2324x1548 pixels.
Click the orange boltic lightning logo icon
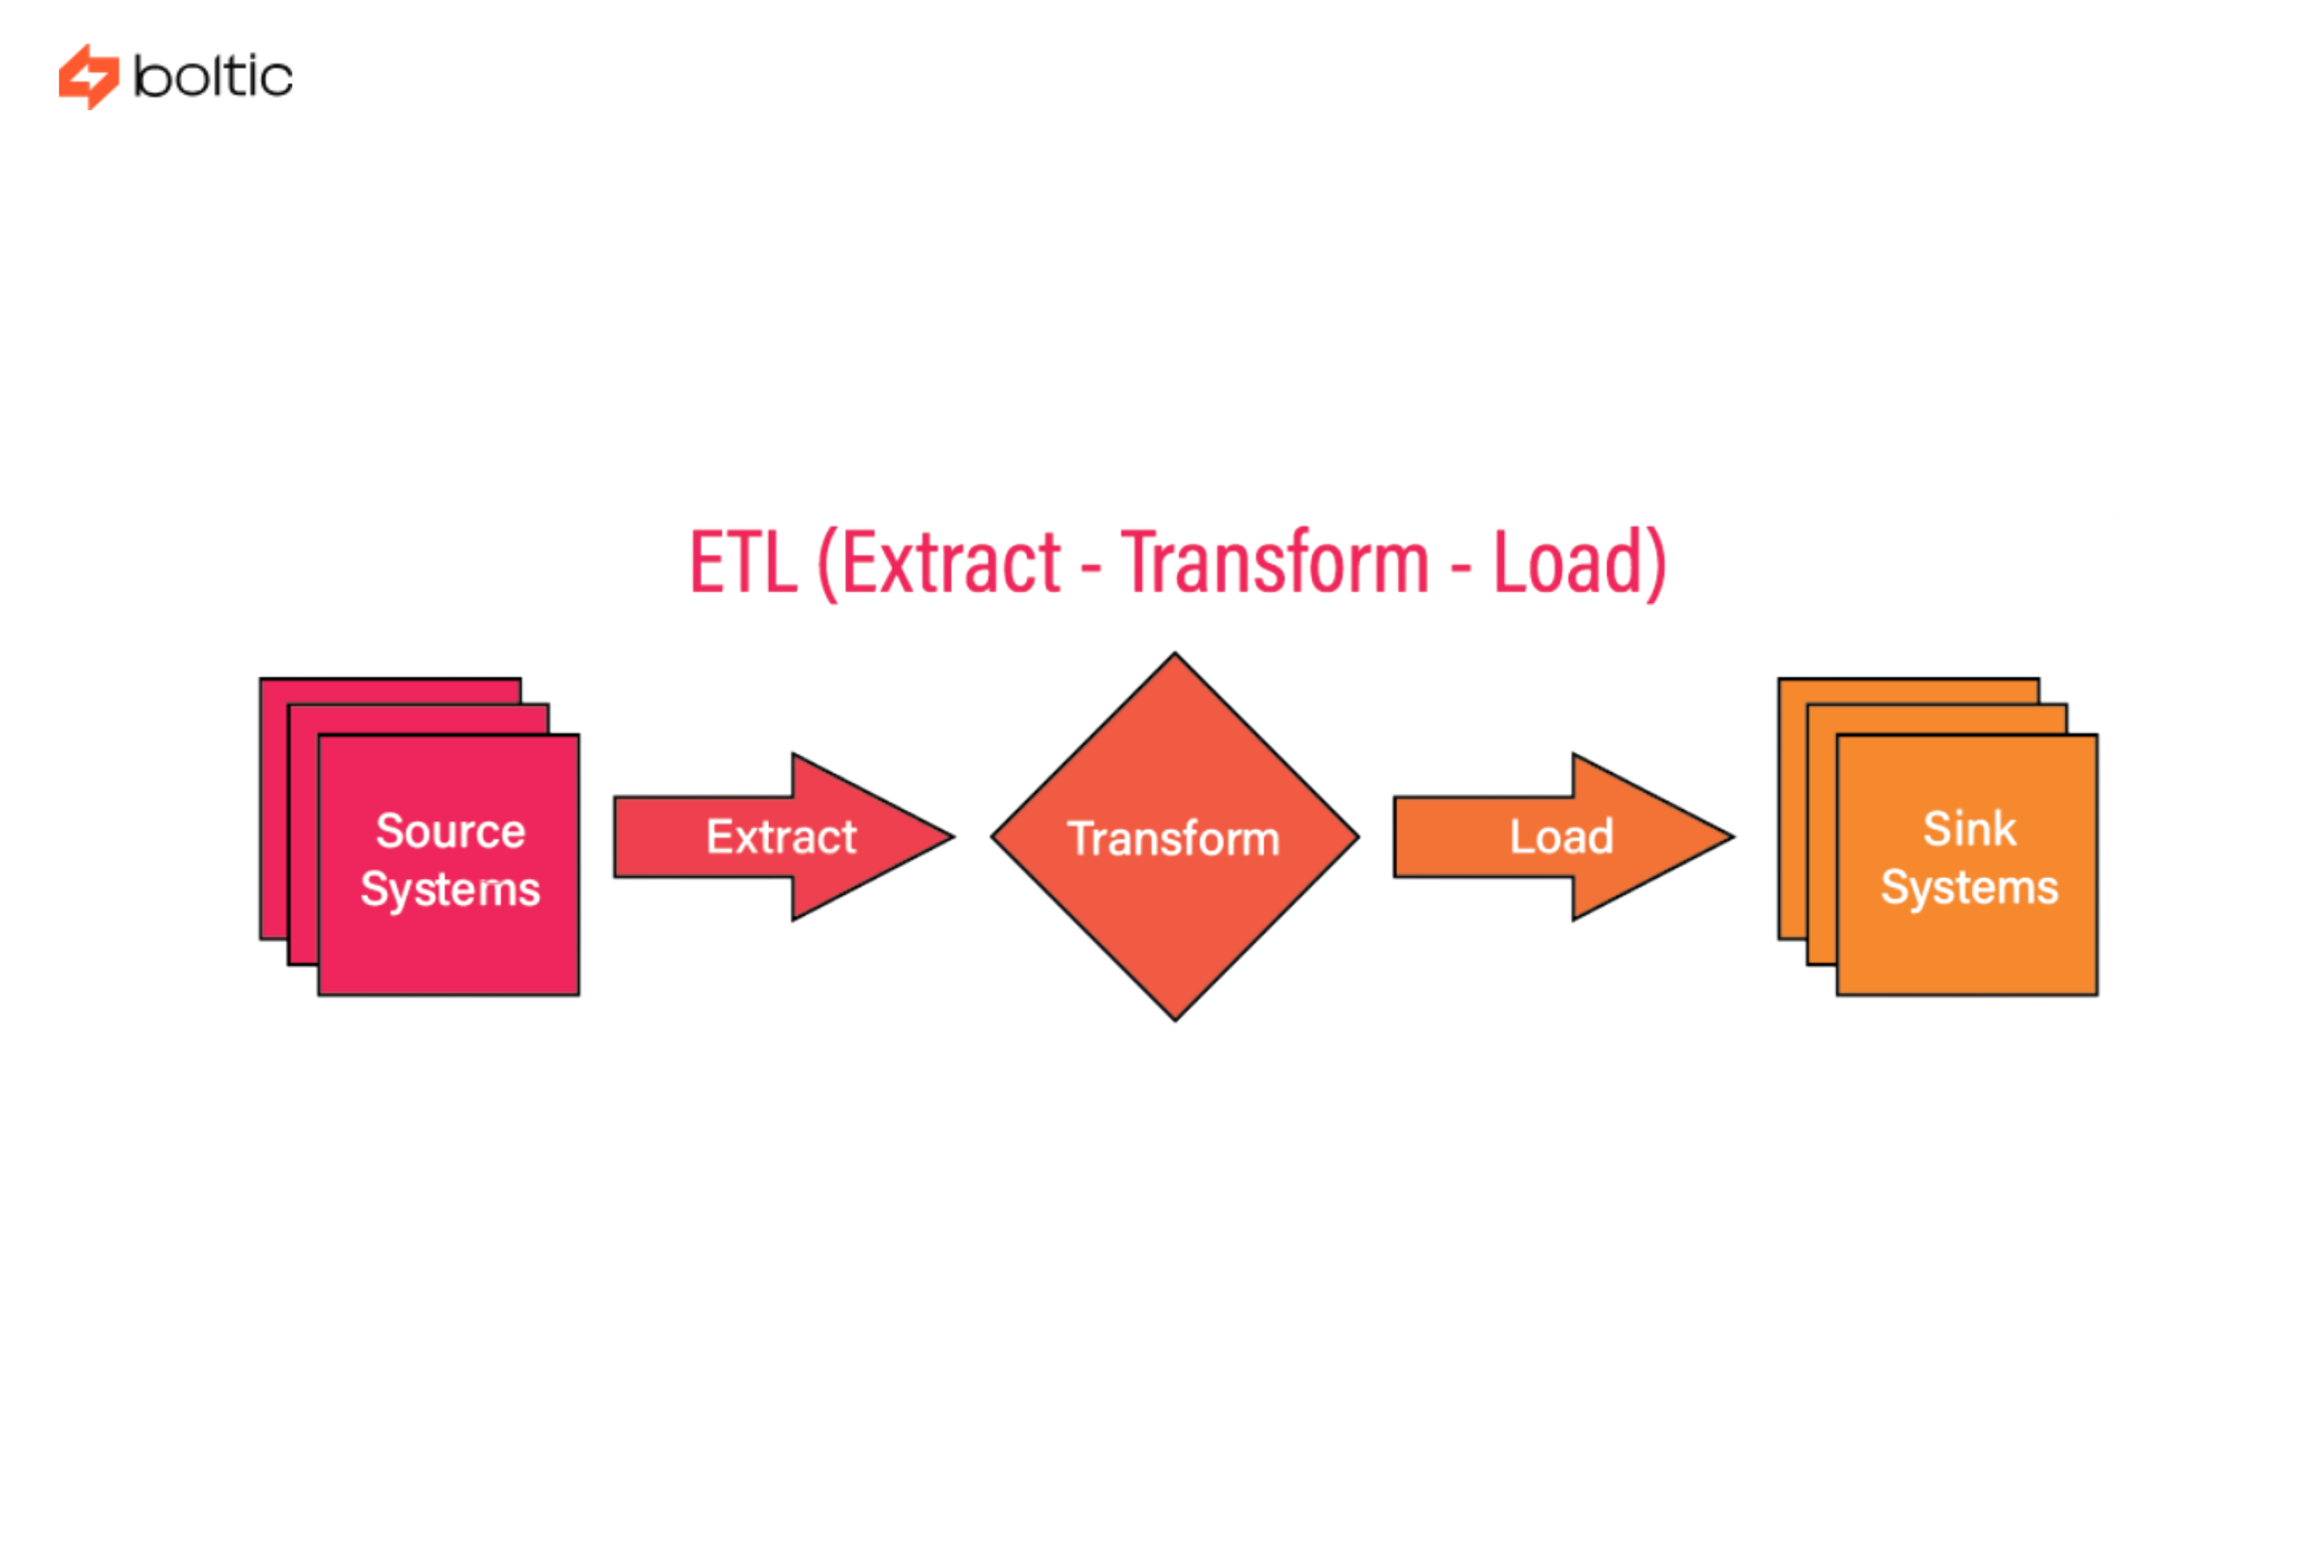pyautogui.click(x=88, y=76)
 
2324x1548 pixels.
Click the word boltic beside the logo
pyautogui.click(x=213, y=77)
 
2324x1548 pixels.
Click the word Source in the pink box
pyautogui.click(x=450, y=832)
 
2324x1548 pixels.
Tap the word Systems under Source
pyautogui.click(x=450, y=889)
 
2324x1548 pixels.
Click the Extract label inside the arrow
pyautogui.click(x=780, y=837)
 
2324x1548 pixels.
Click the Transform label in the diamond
pyautogui.click(x=1174, y=839)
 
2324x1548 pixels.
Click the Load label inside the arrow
pyautogui.click(x=1560, y=837)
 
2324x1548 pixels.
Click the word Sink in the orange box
pyautogui.click(x=1968, y=829)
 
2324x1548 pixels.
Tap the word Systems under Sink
pyautogui.click(x=1968, y=887)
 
